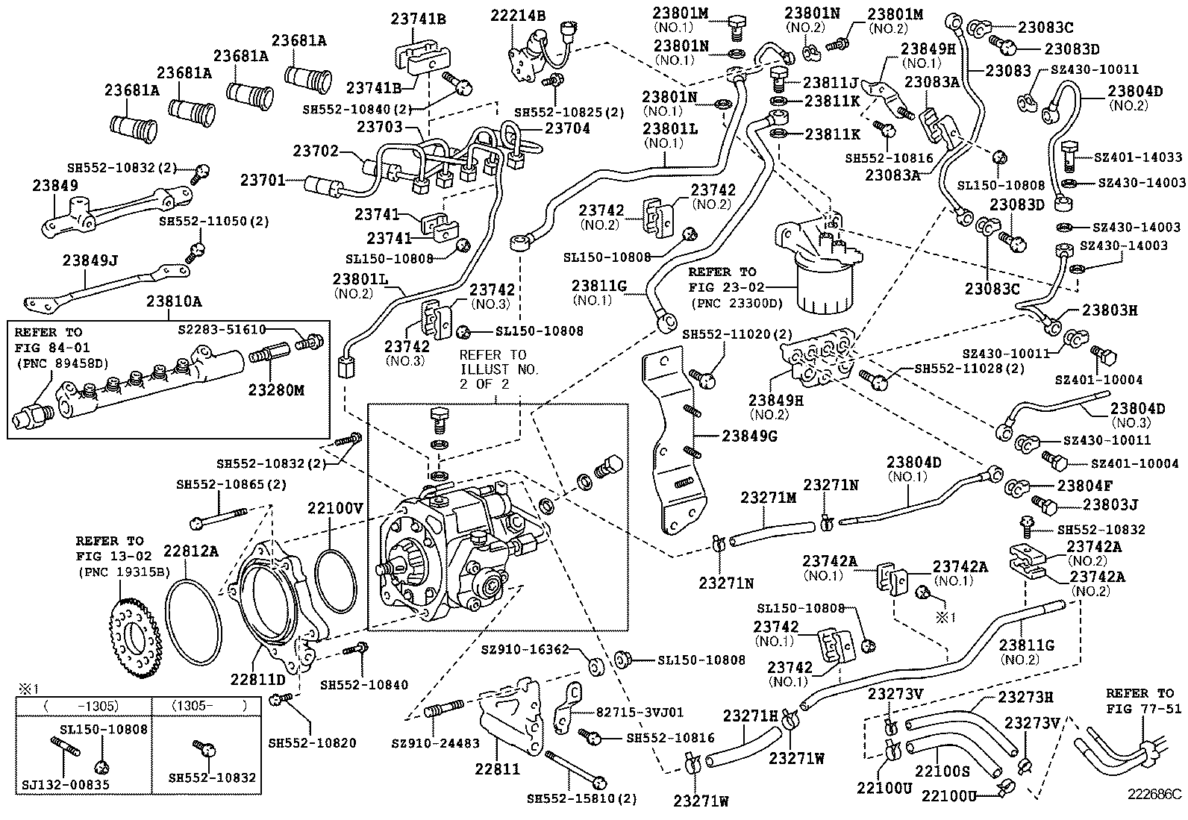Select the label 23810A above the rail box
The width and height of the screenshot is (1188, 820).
[x=174, y=301]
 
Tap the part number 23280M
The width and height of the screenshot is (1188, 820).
[x=277, y=390]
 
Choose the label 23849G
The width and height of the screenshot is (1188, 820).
[x=749, y=436]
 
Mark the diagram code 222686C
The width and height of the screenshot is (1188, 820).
[x=1154, y=794]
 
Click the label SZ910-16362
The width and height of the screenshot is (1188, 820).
[x=531, y=650]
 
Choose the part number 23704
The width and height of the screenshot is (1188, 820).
[x=567, y=128]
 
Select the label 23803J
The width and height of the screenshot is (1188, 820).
[x=1110, y=505]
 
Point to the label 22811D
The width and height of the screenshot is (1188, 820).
[x=257, y=679]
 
